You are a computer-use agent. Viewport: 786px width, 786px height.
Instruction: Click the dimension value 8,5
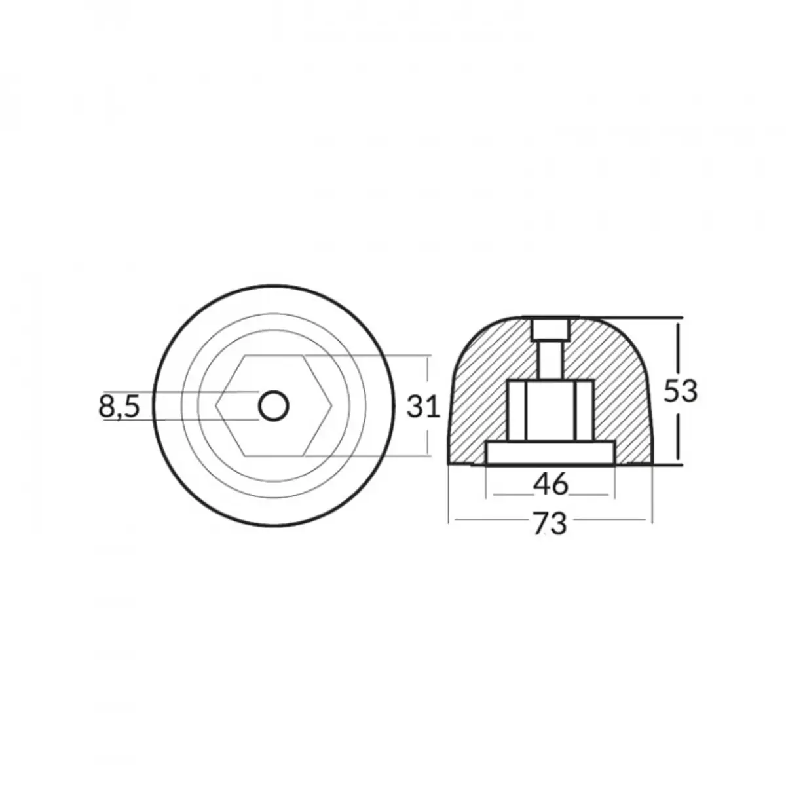pyautogui.click(x=119, y=407)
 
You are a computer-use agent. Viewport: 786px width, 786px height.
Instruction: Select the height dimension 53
pyautogui.click(x=681, y=392)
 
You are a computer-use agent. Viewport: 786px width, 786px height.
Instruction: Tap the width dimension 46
pyautogui.click(x=550, y=485)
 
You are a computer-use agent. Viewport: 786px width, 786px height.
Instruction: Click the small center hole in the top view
pyautogui.click(x=273, y=407)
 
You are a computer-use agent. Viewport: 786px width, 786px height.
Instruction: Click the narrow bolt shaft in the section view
pyautogui.click(x=550, y=360)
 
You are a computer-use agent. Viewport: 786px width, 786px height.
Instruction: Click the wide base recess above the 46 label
pyautogui.click(x=550, y=453)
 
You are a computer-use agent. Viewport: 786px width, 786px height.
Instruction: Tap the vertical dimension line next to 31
pyautogui.click(x=429, y=373)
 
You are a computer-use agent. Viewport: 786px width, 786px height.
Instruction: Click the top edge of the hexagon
pyautogui.click(x=273, y=357)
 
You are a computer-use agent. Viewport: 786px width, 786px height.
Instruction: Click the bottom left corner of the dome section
pyautogui.click(x=449, y=464)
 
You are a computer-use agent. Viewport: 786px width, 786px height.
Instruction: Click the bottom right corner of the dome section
pyautogui.click(x=652, y=464)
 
